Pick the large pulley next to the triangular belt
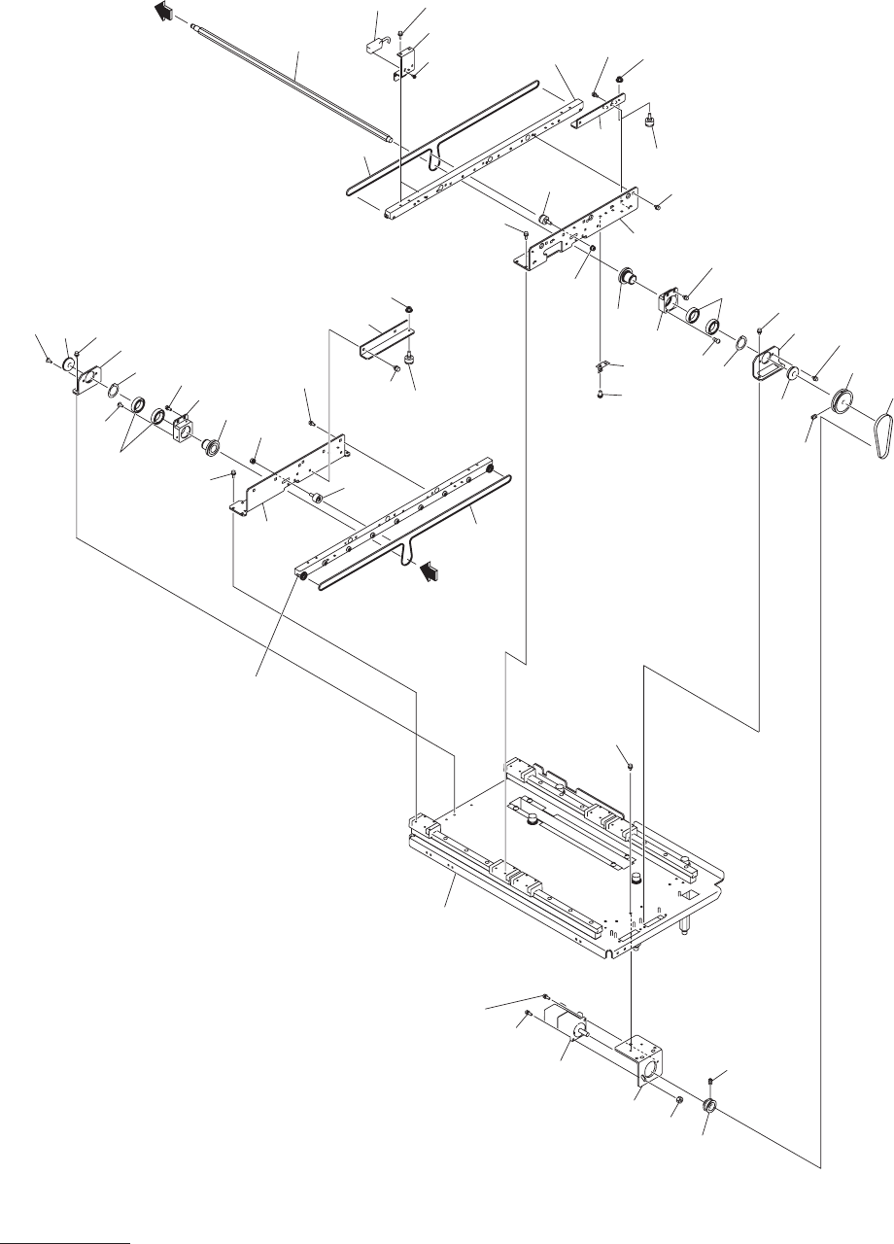(841, 403)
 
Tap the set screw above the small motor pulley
(712, 1080)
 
